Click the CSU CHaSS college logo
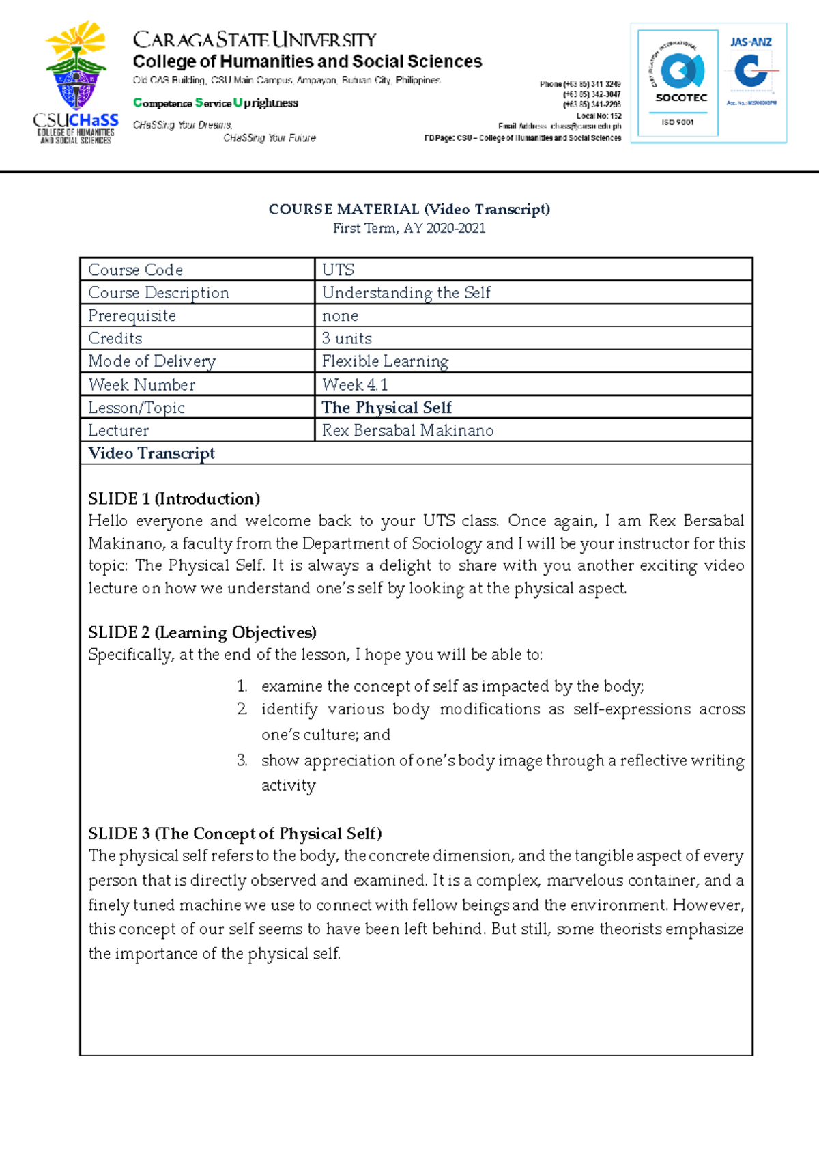coord(76,82)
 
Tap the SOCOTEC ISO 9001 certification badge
coord(678,83)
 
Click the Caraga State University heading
coord(254,40)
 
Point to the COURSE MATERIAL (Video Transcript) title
coord(409,209)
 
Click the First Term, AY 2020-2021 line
coord(409,229)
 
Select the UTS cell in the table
coord(338,270)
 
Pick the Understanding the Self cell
coord(406,293)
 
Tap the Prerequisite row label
coord(132,315)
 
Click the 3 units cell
coord(347,339)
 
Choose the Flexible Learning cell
coord(385,361)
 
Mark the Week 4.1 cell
coord(354,384)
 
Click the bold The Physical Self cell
coord(386,408)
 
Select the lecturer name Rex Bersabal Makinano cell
coord(407,430)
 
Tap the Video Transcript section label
coord(152,453)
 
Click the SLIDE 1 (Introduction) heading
coord(174,498)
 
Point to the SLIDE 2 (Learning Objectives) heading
coord(202,632)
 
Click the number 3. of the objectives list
coord(242,760)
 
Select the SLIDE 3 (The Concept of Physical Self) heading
coord(235,834)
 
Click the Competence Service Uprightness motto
coord(216,103)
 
